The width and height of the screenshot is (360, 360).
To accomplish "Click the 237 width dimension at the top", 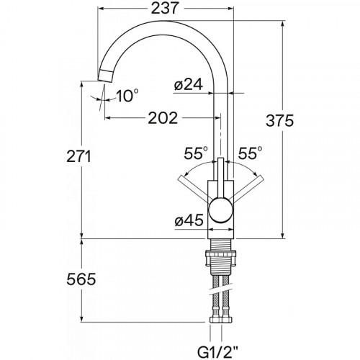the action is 165,8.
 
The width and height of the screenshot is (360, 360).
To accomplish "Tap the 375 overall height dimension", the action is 279,121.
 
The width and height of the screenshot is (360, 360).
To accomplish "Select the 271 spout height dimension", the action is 78,156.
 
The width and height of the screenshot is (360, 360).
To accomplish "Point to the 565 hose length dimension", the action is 81,279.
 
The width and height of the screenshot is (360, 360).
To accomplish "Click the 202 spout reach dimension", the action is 163,118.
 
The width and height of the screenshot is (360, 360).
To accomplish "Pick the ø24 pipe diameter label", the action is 189,84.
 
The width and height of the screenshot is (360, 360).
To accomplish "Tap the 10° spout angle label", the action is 127,96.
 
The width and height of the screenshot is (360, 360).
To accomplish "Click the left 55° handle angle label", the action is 196,153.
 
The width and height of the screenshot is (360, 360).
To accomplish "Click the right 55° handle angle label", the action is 250,153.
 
